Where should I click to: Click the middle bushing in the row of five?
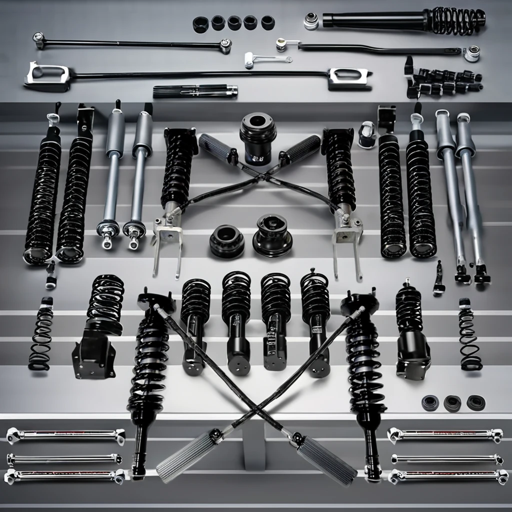pyautogui.click(x=234, y=23)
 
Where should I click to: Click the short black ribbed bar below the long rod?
pyautogui.click(x=195, y=91)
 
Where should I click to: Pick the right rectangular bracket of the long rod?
pyautogui.click(x=348, y=78)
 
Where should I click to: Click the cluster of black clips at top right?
pyautogui.click(x=442, y=81)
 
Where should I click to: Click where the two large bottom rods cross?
pyautogui.click(x=256, y=414)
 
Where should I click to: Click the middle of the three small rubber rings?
pyautogui.click(x=452, y=403)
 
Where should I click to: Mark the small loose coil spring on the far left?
pyautogui.click(x=40, y=335)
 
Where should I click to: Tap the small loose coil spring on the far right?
pyautogui.click(x=469, y=336)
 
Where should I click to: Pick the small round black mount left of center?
pyautogui.click(x=227, y=241)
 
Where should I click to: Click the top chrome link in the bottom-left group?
pyautogui.click(x=65, y=435)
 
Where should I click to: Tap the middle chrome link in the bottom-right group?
pyautogui.click(x=446, y=459)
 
